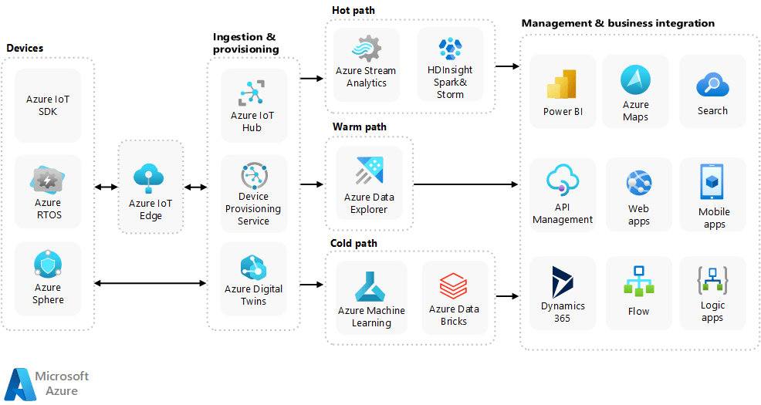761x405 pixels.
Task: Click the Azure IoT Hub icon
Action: click(x=252, y=93)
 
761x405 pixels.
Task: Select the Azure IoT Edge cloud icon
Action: click(x=150, y=179)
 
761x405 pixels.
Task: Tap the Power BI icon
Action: click(x=562, y=85)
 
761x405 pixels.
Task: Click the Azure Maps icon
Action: click(x=635, y=80)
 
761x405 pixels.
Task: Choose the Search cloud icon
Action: click(x=712, y=85)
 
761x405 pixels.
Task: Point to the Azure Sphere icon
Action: click(x=48, y=265)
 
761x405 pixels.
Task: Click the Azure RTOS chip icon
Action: click(x=48, y=181)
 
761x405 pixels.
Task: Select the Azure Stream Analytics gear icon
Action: click(x=366, y=49)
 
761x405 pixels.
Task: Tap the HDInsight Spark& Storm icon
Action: click(x=449, y=49)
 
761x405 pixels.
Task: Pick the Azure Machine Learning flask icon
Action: click(x=370, y=286)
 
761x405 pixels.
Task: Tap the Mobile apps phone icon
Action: click(x=713, y=183)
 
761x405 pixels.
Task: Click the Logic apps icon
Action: click(x=712, y=280)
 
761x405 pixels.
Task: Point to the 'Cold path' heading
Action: click(x=353, y=243)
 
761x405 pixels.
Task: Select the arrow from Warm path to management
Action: click(x=465, y=184)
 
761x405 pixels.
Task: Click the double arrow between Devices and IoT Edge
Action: click(x=106, y=187)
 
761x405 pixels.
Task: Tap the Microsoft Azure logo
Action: click(x=46, y=383)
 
